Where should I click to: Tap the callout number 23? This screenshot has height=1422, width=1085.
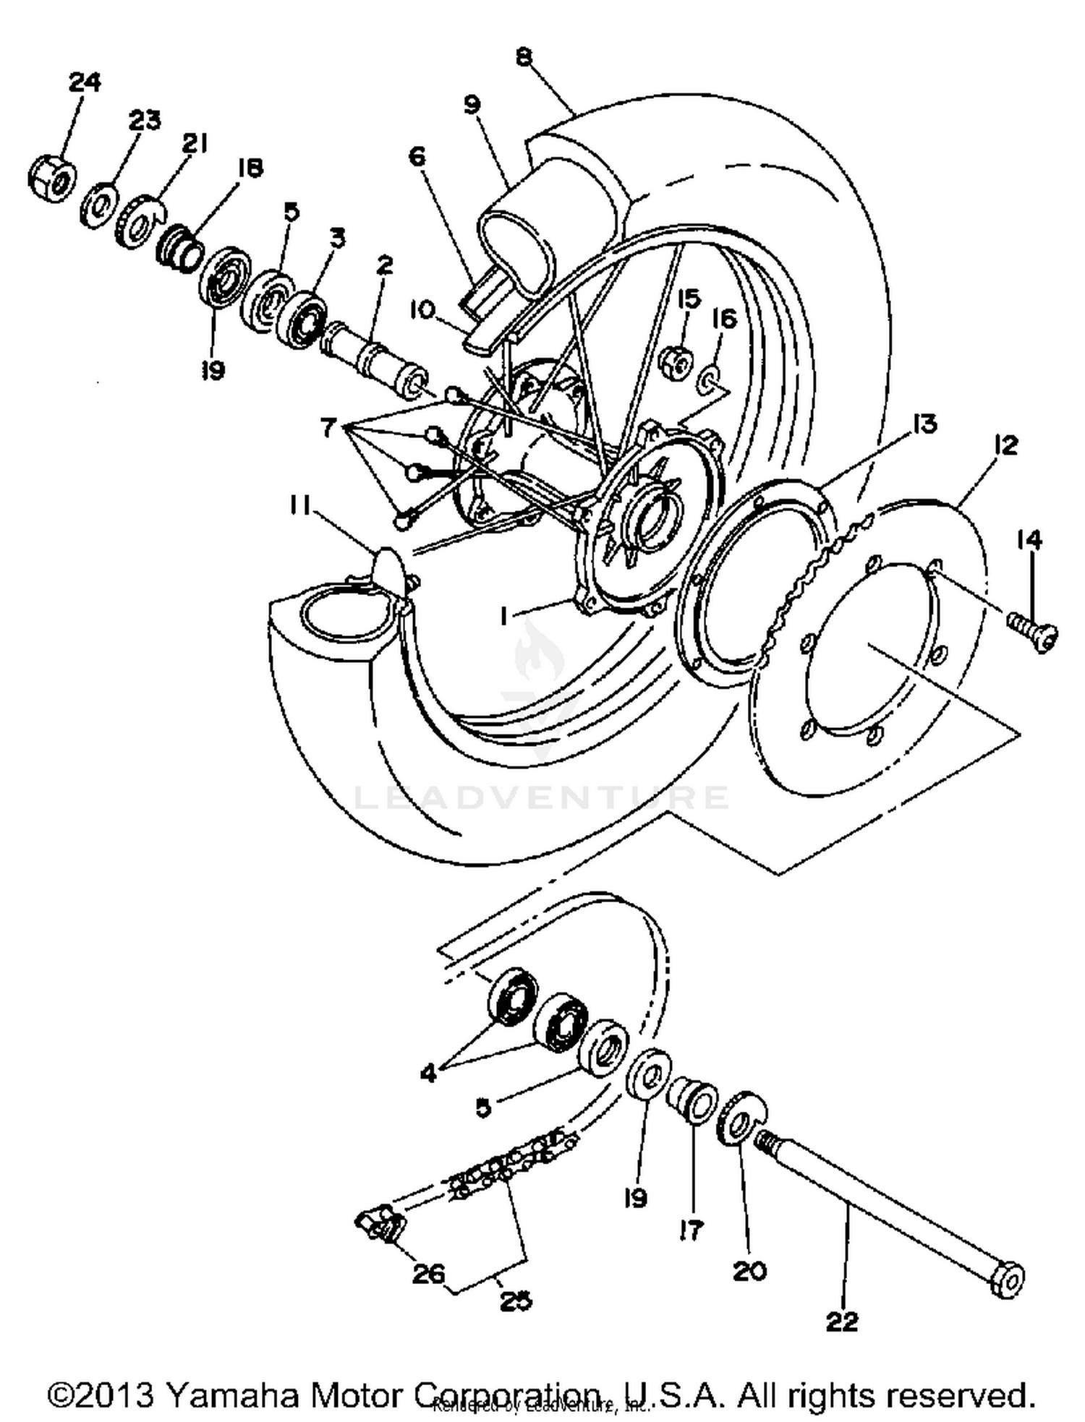144,119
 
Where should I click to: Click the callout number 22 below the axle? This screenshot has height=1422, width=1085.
842,1322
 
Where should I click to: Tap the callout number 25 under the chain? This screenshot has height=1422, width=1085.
515,1301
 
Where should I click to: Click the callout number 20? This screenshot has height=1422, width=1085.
749,1270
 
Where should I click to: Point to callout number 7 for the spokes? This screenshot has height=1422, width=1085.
328,429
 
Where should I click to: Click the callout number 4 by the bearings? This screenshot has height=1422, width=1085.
428,1073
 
